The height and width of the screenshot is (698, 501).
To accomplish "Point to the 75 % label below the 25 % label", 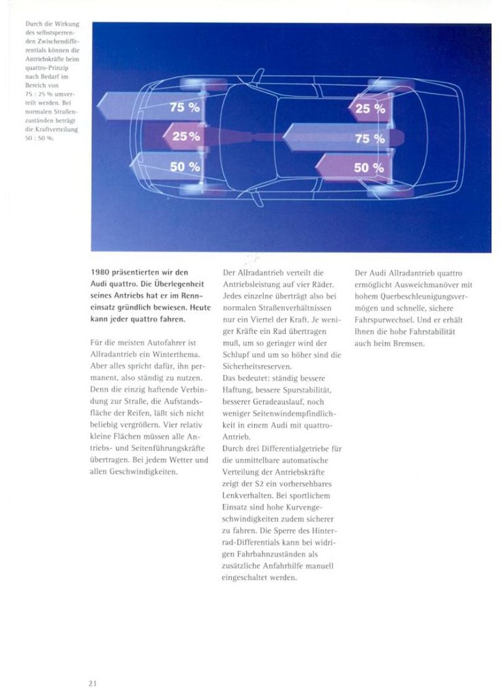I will (x=370, y=138).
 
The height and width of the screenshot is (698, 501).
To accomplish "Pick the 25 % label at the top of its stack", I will (x=370, y=108).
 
